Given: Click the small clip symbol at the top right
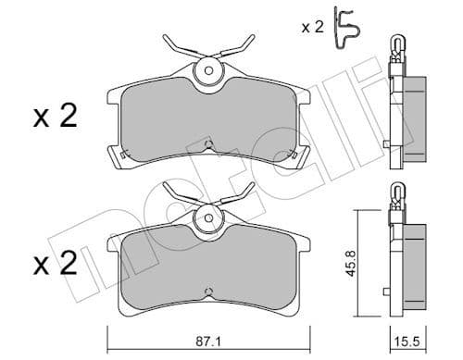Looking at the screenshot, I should point(346,24).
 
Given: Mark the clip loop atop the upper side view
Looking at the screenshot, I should point(397,43).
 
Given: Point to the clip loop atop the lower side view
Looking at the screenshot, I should point(397,192).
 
